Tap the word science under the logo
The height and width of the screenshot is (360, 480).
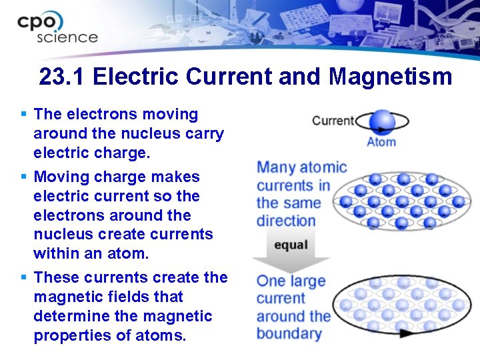point(67,37)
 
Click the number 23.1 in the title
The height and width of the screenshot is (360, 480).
point(63,77)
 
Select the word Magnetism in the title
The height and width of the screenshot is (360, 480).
point(390,77)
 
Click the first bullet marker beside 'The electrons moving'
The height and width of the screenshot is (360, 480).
point(24,115)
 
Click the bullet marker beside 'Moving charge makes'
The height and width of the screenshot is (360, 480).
point(24,177)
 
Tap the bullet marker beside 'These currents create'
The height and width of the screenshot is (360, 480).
point(24,277)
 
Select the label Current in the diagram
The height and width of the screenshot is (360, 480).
point(333,121)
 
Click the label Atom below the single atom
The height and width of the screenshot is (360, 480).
point(381,141)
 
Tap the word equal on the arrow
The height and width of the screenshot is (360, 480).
point(291,245)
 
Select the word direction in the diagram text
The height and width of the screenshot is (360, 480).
point(286,221)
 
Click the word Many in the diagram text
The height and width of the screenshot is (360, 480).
point(275,167)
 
